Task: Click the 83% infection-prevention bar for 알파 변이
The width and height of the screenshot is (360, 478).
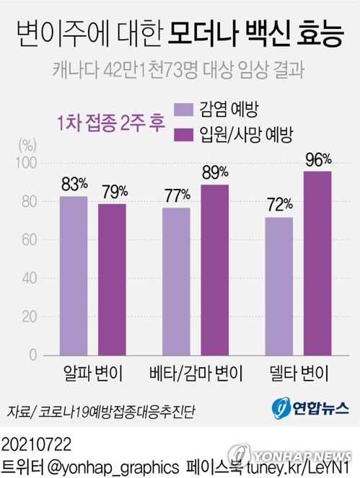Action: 74,275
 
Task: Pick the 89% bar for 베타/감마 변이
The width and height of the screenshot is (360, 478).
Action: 215,270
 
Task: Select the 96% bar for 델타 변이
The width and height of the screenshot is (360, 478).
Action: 317,263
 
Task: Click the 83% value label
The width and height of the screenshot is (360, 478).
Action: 74,185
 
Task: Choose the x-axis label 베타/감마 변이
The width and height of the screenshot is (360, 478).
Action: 196,375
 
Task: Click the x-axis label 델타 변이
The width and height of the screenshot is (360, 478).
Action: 298,375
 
